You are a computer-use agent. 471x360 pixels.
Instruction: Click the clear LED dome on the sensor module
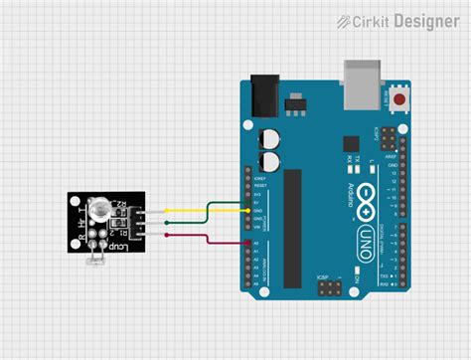pyautogui.click(x=100, y=210)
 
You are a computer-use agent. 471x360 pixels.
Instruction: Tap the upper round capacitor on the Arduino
pyautogui.click(x=269, y=139)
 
